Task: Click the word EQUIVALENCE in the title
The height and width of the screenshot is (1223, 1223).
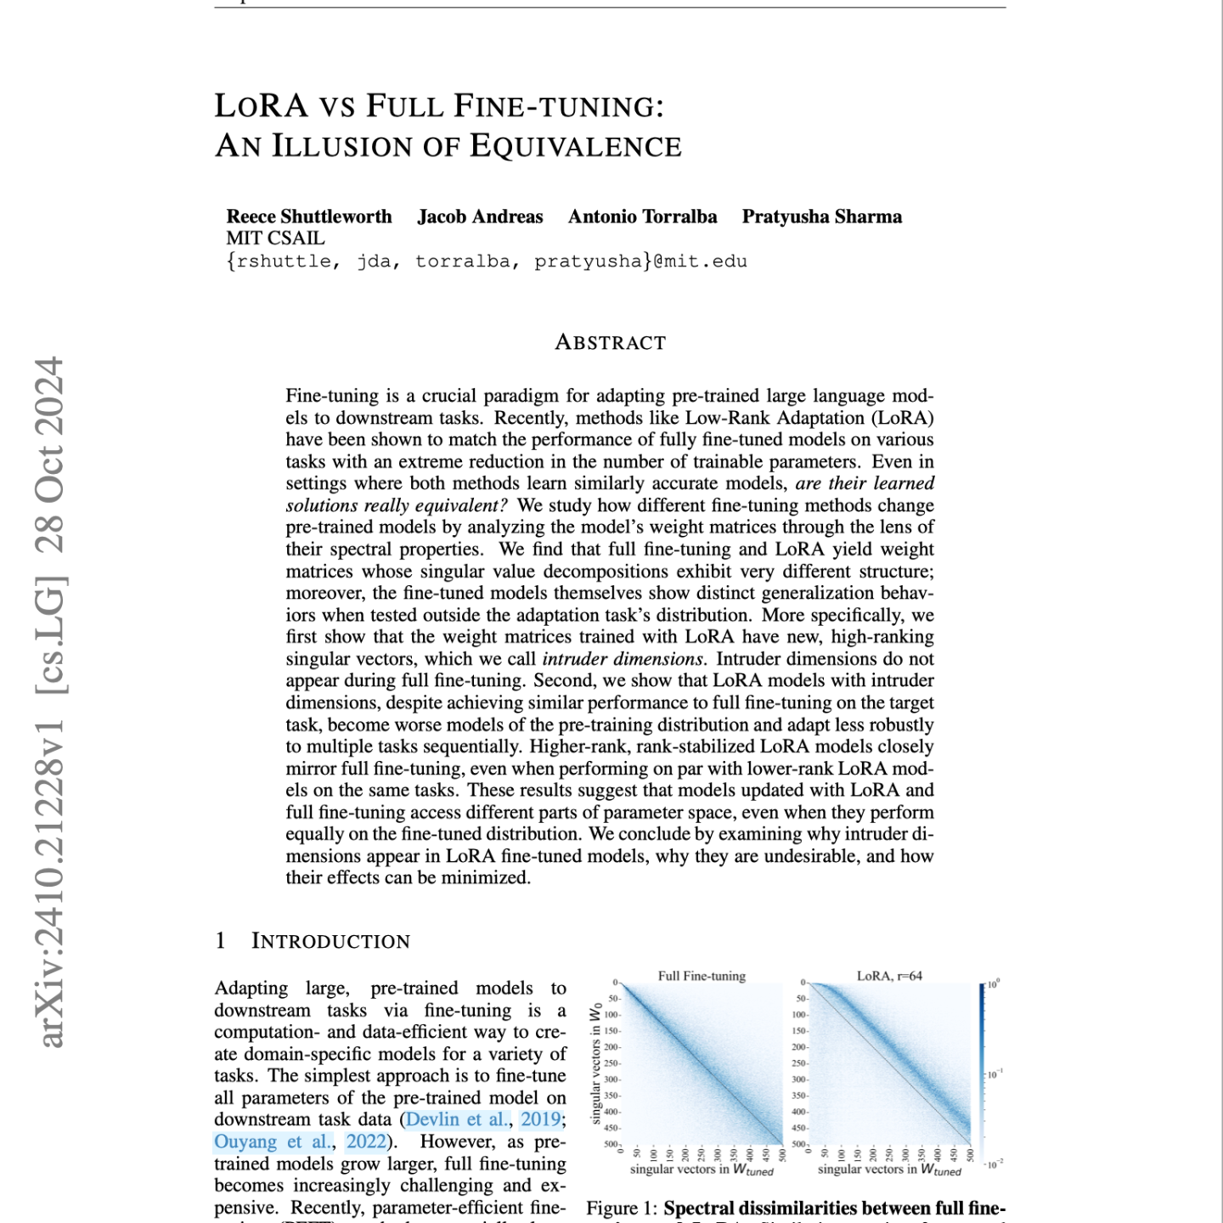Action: coord(575,146)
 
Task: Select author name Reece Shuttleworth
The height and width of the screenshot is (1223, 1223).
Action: coord(309,217)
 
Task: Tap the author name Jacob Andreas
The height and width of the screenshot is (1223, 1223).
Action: coord(480,217)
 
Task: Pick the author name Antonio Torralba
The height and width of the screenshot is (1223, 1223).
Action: coord(642,217)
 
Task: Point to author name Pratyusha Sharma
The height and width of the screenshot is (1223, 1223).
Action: coord(821,217)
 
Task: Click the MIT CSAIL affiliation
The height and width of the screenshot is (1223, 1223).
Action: coord(275,239)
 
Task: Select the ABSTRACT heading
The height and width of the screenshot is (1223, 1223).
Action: coord(610,342)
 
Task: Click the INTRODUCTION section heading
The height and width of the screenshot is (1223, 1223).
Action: coord(330,941)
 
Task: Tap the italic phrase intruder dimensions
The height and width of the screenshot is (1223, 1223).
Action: coord(623,659)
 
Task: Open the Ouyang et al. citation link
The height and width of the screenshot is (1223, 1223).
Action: coord(273,1141)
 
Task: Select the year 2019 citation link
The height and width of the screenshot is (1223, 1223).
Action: coord(540,1119)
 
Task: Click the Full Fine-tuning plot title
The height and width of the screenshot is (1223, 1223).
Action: coord(702,976)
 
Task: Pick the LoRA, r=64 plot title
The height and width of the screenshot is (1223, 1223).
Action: coord(889,976)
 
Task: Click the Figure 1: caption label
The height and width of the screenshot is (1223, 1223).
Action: coord(623,1209)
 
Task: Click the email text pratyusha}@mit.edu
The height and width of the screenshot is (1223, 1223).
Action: coord(640,262)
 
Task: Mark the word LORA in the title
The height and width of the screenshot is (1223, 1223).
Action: coord(262,106)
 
